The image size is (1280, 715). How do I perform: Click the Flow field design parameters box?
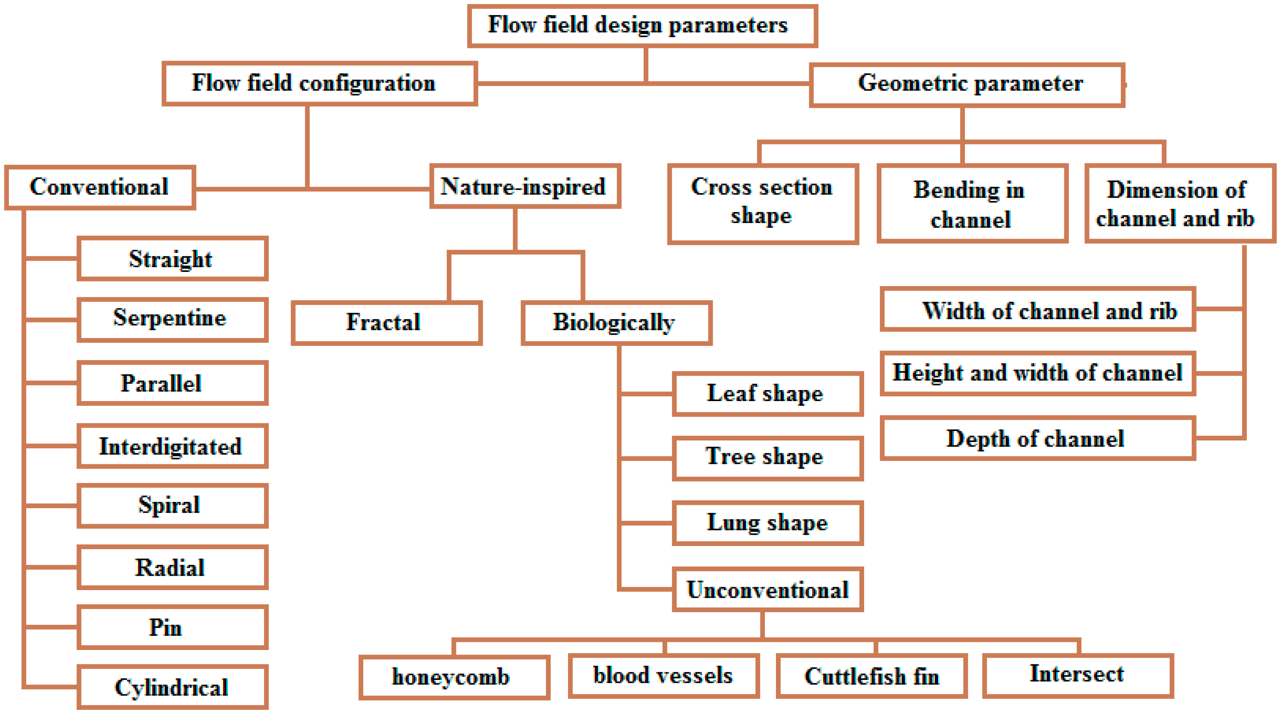pos(642,26)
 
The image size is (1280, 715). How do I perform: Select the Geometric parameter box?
pos(966,85)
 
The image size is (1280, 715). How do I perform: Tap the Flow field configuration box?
pos(319,83)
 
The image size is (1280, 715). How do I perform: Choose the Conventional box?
pos(100,187)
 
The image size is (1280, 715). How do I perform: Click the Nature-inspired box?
pos(525,187)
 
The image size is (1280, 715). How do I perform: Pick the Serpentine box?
pos(172,319)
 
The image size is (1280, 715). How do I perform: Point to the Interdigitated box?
pos(172,446)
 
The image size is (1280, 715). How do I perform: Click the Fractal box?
pos(386,322)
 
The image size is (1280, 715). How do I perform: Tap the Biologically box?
pos(616,322)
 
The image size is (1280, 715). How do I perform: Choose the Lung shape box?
pos(767,523)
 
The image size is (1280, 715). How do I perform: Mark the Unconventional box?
pos(767,589)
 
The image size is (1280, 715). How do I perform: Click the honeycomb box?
pos(454,677)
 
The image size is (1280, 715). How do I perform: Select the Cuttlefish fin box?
pos(871,676)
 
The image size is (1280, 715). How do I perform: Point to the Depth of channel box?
pos(1037,438)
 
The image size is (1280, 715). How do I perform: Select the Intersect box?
pos(1077,675)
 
